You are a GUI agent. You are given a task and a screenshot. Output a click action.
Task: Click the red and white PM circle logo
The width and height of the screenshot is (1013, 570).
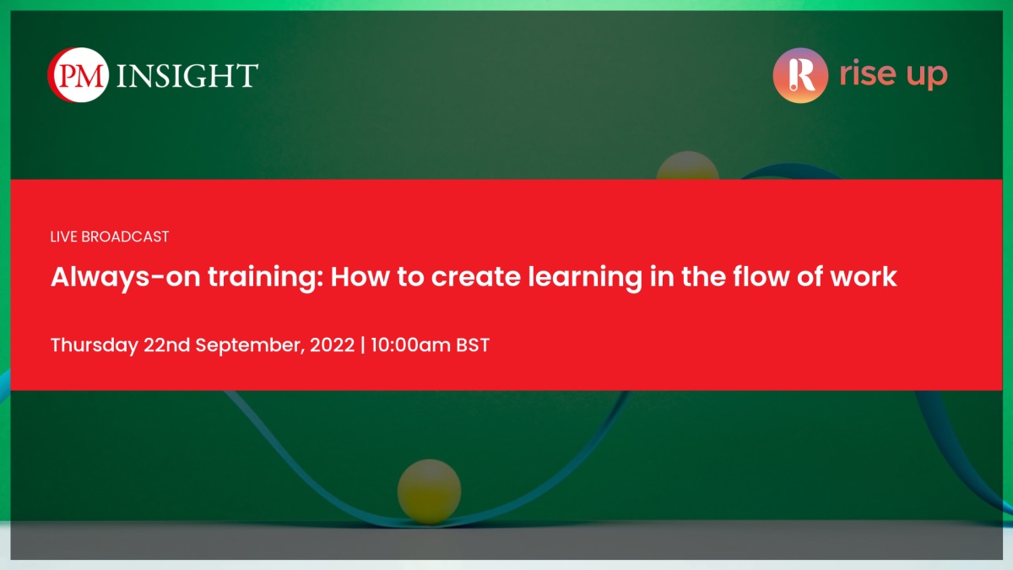click(79, 74)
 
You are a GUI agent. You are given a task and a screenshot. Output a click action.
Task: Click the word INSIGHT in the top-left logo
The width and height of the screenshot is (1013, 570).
click(187, 75)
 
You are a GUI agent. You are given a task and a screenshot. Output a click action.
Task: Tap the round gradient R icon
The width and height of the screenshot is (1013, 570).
click(800, 75)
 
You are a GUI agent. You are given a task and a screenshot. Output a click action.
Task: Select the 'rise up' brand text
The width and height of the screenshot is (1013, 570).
click(893, 73)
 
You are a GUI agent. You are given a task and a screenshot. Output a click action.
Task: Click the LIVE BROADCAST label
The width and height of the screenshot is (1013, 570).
click(110, 236)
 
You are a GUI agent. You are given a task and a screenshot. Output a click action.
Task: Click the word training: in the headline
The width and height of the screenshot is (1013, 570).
click(266, 277)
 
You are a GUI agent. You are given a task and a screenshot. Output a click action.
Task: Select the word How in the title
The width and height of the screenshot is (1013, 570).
click(360, 277)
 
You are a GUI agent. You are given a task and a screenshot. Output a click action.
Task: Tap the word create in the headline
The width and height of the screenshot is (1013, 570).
click(476, 277)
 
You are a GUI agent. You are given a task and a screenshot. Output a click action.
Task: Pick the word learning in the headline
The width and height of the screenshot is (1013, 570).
click(585, 278)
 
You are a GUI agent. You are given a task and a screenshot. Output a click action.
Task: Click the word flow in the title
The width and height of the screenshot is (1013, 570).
click(761, 276)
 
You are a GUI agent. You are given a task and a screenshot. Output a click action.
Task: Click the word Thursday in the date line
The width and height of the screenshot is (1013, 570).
click(95, 345)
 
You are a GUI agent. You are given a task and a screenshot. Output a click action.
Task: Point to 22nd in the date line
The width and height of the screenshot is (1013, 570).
click(167, 345)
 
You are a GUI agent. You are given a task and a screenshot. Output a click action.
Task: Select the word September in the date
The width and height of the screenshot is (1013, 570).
click(250, 346)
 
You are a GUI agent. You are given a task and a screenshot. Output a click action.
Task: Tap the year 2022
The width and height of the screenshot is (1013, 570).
click(333, 345)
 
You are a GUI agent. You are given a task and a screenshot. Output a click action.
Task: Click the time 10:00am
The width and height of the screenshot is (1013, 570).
click(410, 345)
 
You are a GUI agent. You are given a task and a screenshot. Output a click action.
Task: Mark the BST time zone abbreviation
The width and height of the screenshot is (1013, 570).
click(473, 345)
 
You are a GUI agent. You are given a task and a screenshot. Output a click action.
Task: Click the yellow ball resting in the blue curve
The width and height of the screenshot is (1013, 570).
click(429, 491)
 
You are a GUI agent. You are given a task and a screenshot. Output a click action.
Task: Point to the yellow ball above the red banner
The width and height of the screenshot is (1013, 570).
click(687, 166)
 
